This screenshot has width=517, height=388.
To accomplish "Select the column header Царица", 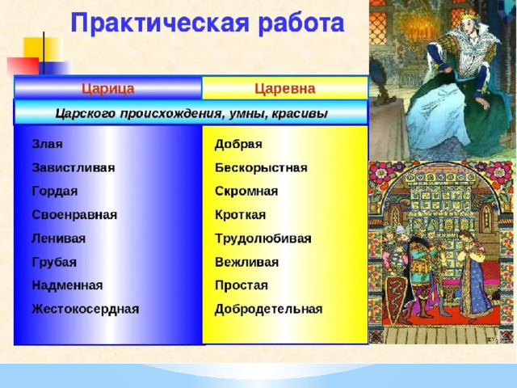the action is pos(108,89).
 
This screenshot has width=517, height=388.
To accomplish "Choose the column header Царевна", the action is pos(285,88).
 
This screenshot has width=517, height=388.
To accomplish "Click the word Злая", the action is pos(47,144).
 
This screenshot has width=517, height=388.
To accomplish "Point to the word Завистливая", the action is pos(74,167).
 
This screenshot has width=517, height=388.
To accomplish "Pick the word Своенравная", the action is pos(74,215).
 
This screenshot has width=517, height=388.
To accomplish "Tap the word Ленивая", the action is pos(59,238).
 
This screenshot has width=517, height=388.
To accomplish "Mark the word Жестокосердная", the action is pos(86,309).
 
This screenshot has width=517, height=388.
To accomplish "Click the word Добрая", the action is pos(238,144).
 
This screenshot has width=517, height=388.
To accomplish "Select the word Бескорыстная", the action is pos(261,167).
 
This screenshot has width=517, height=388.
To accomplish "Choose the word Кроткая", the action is pos(241,215).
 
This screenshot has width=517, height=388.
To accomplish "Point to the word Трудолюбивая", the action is pos(263,238).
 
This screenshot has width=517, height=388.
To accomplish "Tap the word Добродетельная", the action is pos(269,309).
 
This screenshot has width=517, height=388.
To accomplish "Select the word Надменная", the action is pos(67,285).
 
